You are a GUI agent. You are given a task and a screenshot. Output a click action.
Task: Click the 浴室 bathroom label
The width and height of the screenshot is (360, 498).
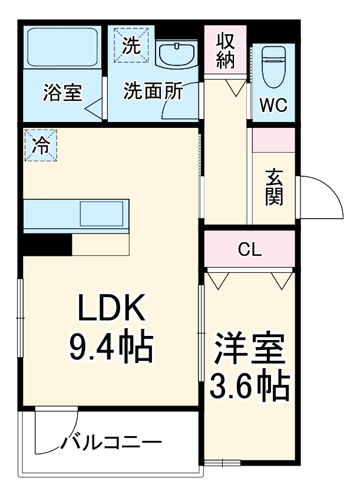tap(62, 93)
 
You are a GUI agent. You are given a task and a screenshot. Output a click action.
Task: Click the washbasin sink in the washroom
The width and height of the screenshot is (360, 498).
tap(176, 54)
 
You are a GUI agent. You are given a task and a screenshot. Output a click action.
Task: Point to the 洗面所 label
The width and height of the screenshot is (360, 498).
tap(153, 91)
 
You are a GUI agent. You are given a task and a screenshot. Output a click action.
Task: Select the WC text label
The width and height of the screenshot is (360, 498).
tap(273, 105)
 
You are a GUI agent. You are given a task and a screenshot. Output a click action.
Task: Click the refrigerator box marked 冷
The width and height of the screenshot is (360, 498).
tap(41, 144)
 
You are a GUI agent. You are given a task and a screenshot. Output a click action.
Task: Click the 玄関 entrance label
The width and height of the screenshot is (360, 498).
tap(273, 187)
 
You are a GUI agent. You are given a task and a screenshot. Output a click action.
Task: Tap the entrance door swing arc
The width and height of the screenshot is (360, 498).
tap(321, 197)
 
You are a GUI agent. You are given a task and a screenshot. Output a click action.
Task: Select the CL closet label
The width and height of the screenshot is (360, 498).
tap(249, 249)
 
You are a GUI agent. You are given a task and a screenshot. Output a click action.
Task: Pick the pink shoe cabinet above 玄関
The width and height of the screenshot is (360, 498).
tap(273, 140)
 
